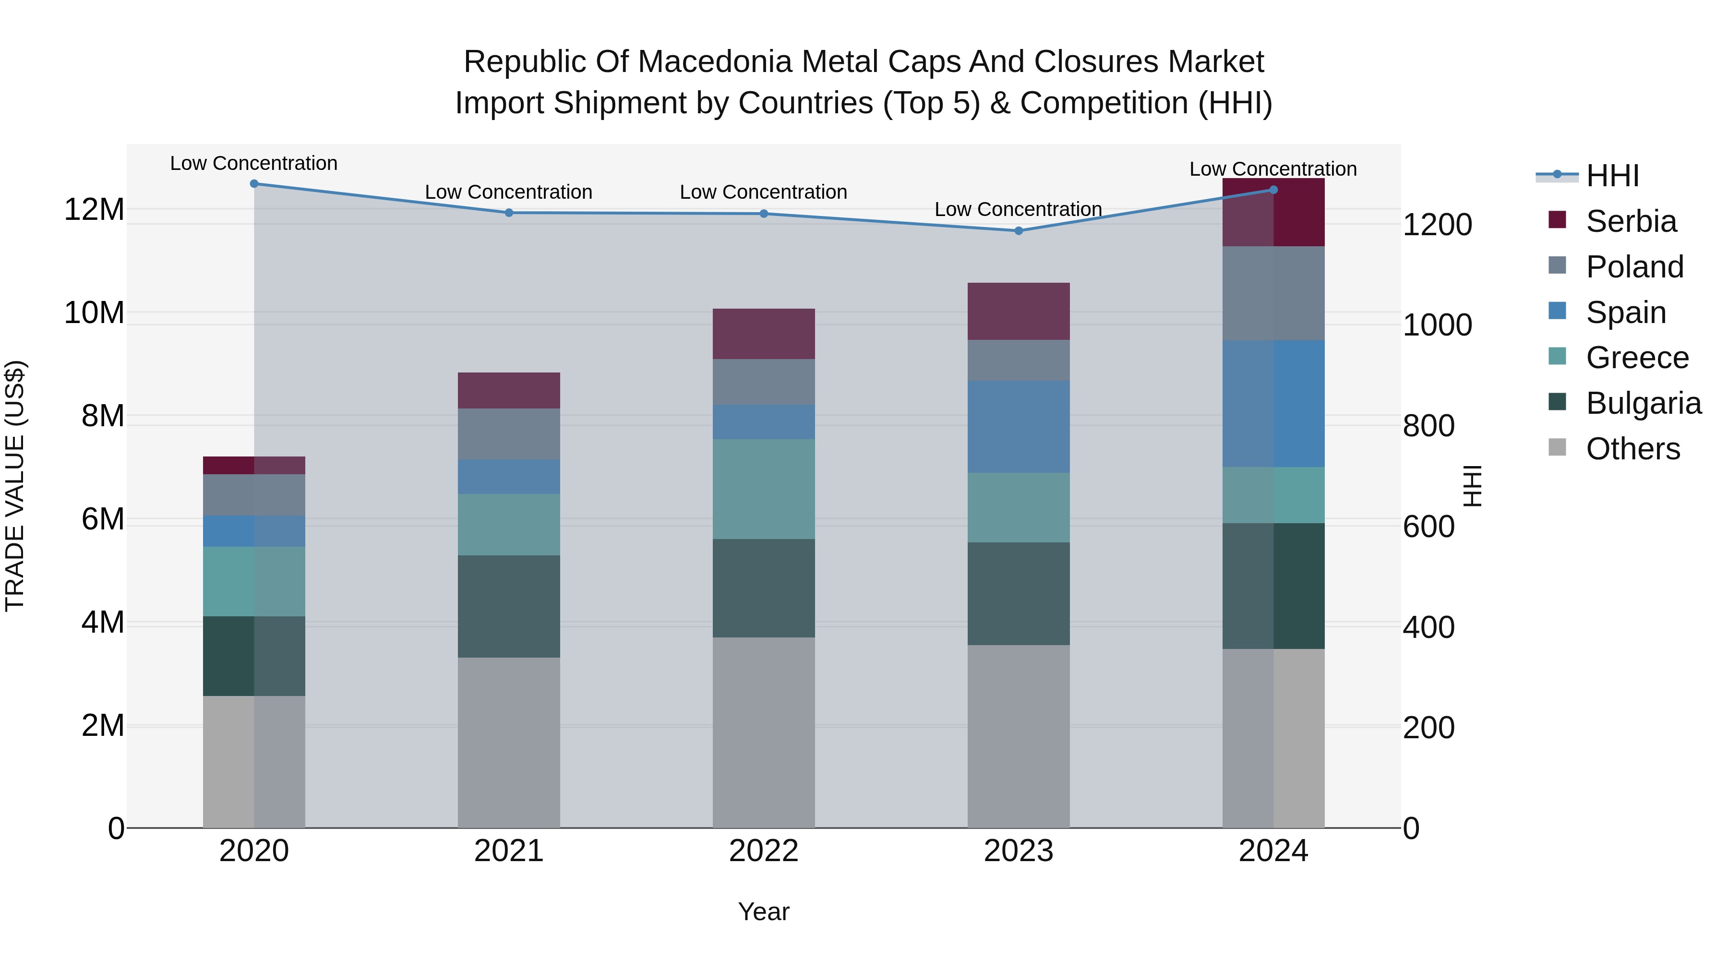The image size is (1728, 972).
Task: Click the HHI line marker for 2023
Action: (1018, 231)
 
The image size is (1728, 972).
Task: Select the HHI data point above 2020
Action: (254, 184)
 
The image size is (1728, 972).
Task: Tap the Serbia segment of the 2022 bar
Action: (763, 334)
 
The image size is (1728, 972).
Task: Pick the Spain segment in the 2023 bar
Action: (1018, 427)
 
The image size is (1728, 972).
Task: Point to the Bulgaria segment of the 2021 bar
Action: (508, 606)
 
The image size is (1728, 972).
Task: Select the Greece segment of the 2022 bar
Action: (763, 489)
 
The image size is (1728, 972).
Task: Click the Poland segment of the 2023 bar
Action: (1018, 360)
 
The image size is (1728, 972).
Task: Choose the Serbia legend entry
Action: (1630, 221)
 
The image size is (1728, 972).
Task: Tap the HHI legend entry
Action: (1611, 176)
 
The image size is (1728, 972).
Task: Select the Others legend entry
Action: (1632, 449)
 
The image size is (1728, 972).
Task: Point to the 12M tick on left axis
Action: (94, 210)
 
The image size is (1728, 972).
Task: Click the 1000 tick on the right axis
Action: (1437, 325)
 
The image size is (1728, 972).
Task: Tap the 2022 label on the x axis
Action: (763, 851)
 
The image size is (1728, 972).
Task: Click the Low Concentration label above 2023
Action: (1018, 209)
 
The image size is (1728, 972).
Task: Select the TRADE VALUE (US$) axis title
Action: (15, 486)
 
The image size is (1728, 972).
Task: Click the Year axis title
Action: (763, 912)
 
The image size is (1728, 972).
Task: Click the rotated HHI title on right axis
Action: (1473, 486)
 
